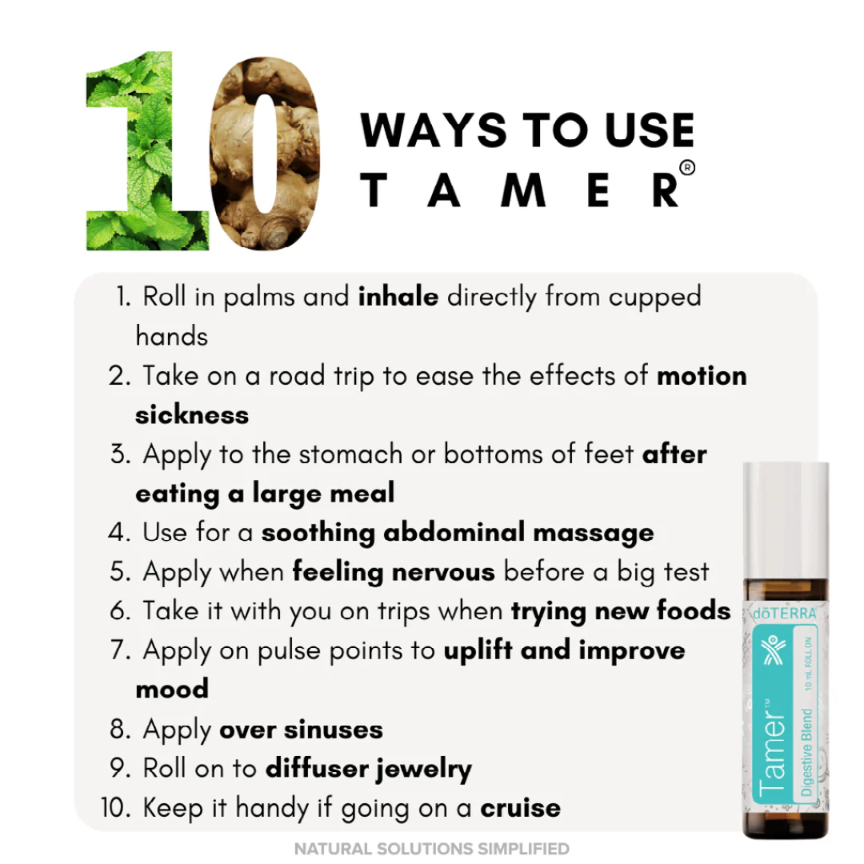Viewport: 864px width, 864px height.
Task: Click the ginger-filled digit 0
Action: (268, 156)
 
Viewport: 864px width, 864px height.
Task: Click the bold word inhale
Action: (398, 297)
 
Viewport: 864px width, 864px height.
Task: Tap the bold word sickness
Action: (192, 414)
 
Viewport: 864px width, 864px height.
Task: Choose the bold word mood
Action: (172, 689)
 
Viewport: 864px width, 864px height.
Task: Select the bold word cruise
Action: (520, 807)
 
